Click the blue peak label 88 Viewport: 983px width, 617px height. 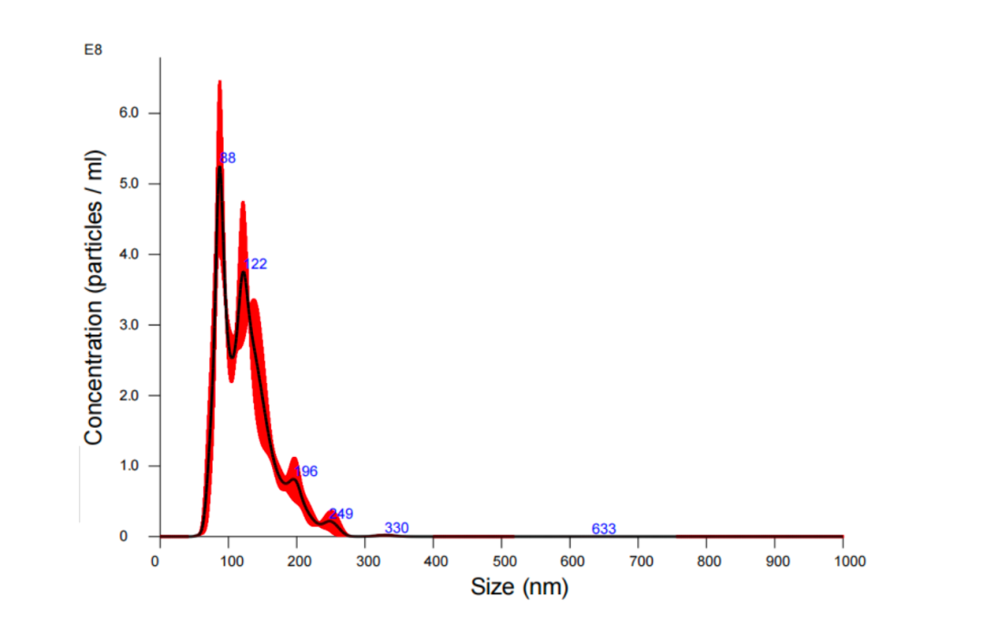pos(228,158)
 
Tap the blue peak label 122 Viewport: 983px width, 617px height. pos(256,264)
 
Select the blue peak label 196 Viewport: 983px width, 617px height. pos(306,471)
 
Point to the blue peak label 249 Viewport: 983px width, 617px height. pos(341,513)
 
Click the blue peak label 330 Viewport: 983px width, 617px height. pos(397,528)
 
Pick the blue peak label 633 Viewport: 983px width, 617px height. pos(603,529)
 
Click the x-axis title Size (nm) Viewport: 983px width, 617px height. pos(519,587)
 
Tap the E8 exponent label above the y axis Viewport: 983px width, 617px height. pos(93,49)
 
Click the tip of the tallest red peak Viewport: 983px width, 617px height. pos(219,82)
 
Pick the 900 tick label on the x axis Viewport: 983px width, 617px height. pos(775,560)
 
